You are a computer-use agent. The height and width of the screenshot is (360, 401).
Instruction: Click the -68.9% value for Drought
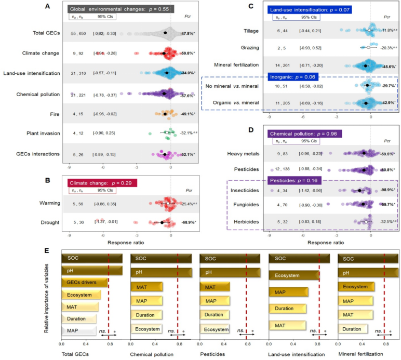[x=188, y=222]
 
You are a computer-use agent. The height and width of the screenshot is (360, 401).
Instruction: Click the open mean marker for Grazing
[x=368, y=47]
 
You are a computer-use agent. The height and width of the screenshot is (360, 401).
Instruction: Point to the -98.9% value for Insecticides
[x=387, y=191]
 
